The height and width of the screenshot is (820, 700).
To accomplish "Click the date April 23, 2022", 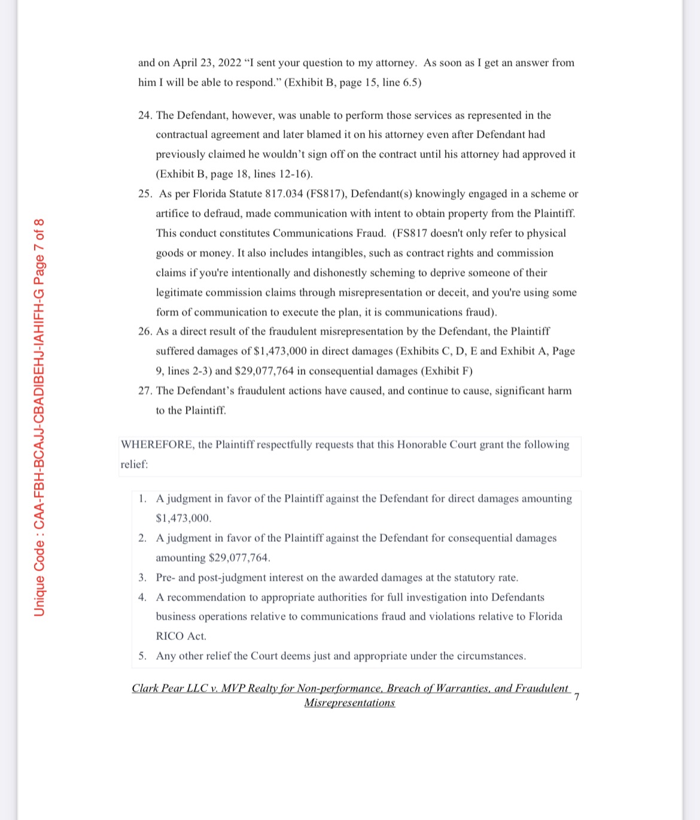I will (207, 63).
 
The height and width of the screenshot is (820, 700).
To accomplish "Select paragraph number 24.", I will (144, 115).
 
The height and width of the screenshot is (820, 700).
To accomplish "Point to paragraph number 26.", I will (144, 331).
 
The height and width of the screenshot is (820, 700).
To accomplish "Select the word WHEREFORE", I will (157, 444).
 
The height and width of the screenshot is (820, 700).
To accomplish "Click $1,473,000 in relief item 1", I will (182, 518).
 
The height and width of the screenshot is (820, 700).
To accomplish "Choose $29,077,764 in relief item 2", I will (238, 557).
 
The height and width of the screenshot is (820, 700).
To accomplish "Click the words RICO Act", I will (181, 636).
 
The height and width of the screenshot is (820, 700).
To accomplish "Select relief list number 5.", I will (142, 656).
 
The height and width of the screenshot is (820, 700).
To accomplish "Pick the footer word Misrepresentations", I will (349, 703).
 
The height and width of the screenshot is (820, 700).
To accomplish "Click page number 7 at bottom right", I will (577, 696).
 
